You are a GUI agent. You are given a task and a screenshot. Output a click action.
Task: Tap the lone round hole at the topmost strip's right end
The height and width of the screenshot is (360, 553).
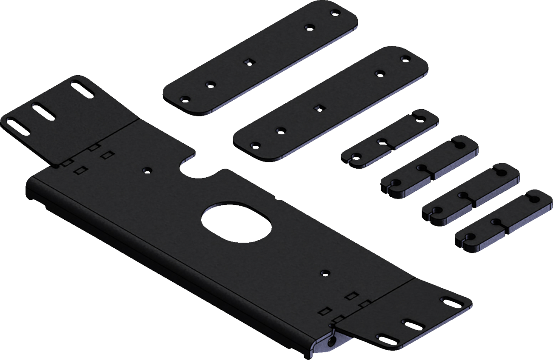(x=309, y=27)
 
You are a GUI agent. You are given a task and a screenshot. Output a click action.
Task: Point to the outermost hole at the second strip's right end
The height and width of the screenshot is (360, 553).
(x=404, y=59)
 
